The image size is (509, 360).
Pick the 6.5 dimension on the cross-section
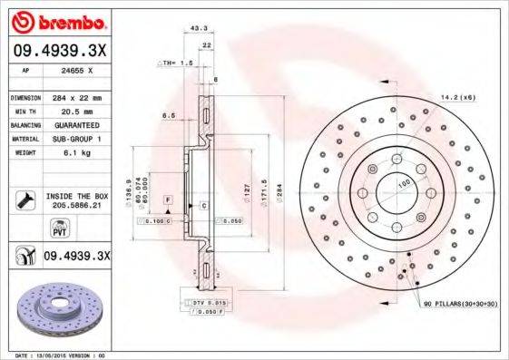[169, 115]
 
